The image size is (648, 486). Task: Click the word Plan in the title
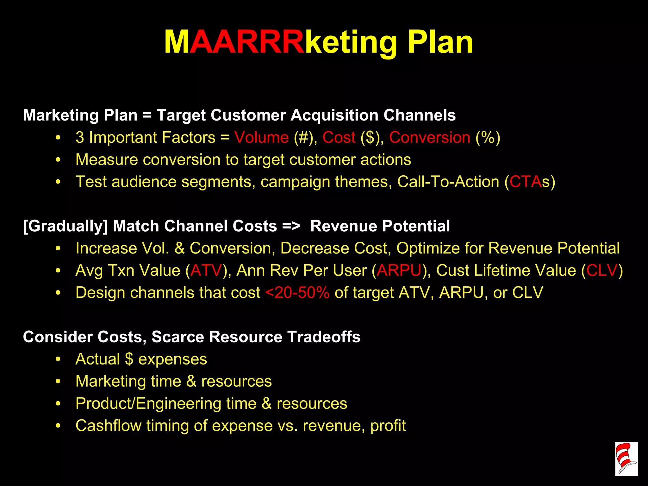coord(440,42)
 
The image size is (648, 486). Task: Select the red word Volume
coord(261,138)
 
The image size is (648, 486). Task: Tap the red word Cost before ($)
coord(339,138)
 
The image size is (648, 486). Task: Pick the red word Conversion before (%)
coord(430,138)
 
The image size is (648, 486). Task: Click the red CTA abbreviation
coord(526,182)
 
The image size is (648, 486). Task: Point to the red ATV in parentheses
coord(206,271)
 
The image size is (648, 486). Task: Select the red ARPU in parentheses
coord(399,271)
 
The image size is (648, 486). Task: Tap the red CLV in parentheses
coord(602,271)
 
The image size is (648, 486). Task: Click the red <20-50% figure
coord(297,293)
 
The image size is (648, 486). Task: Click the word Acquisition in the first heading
coord(334,115)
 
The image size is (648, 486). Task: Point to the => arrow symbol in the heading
coord(291,226)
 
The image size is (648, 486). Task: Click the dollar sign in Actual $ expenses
coord(129,359)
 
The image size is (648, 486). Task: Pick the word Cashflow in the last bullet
coord(109,426)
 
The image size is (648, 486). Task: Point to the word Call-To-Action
coord(448,182)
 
